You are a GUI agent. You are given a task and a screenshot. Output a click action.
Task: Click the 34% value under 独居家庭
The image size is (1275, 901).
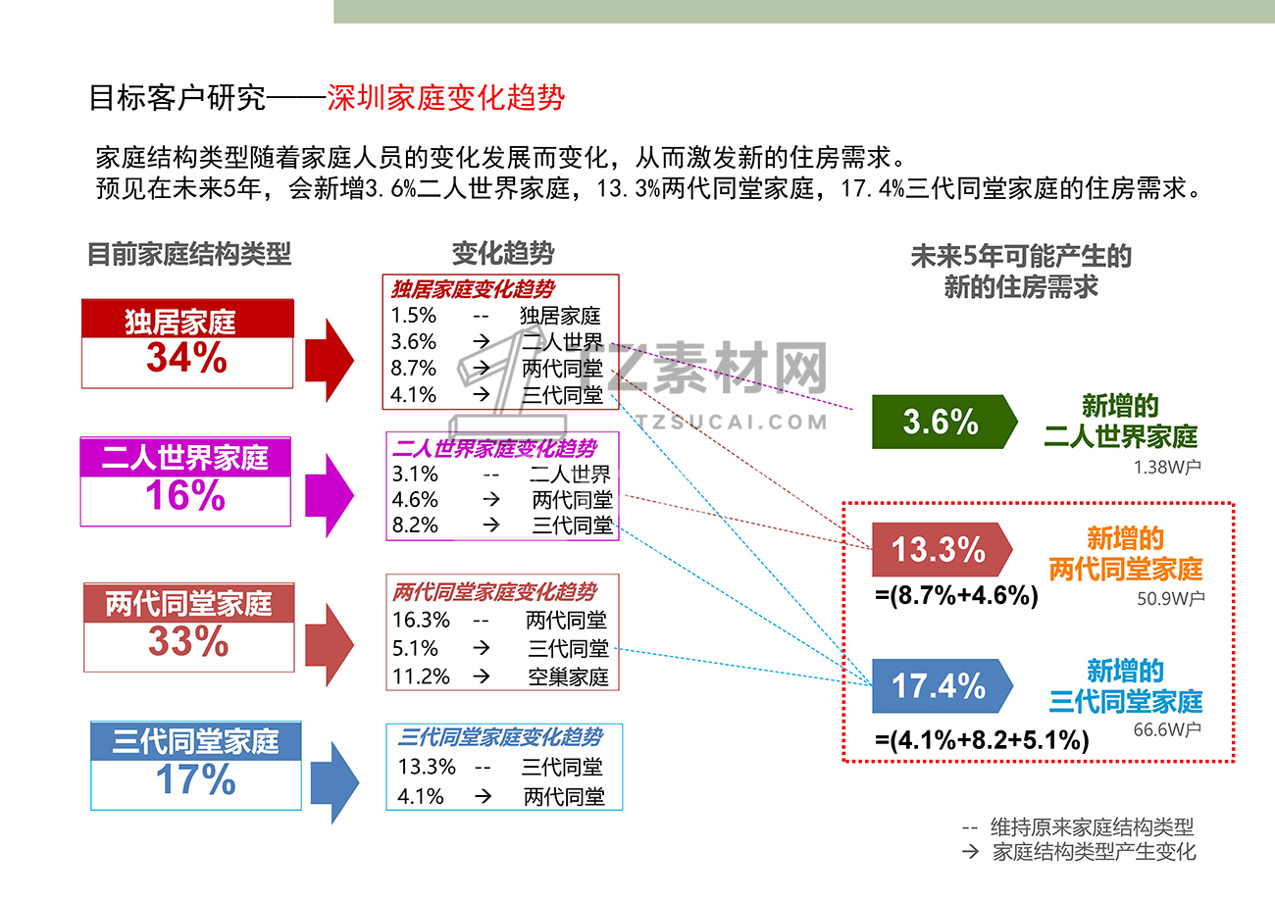(186, 358)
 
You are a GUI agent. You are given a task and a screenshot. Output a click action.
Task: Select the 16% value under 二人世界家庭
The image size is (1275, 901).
(185, 495)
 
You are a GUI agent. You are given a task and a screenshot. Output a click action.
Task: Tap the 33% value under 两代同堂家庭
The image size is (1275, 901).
(188, 641)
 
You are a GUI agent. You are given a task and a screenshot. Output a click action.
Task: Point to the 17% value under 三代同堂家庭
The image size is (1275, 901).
(196, 778)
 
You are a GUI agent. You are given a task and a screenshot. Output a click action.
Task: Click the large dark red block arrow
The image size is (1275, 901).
(330, 360)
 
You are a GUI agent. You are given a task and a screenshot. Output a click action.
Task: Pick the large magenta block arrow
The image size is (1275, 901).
(330, 495)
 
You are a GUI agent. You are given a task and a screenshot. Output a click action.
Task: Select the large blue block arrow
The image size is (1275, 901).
(334, 782)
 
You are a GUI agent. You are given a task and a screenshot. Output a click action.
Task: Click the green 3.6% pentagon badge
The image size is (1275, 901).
(944, 422)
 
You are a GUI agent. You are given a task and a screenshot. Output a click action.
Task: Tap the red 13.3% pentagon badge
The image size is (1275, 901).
(942, 549)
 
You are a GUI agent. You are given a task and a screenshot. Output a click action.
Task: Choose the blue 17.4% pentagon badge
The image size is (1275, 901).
(942, 685)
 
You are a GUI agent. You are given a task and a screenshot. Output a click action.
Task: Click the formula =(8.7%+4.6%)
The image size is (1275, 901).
(956, 595)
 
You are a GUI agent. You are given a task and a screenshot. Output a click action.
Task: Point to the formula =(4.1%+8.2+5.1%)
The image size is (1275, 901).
(982, 740)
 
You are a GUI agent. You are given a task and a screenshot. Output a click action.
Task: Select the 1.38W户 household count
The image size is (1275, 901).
(1167, 467)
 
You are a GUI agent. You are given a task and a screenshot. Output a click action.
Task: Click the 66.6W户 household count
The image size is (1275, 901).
(1167, 729)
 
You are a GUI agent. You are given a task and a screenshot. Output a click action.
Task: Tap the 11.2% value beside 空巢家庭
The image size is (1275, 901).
(421, 676)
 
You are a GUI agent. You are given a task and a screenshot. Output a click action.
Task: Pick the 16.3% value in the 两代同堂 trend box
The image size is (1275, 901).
(421, 620)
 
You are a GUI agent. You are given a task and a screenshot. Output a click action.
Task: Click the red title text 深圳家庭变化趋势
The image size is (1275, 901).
(445, 97)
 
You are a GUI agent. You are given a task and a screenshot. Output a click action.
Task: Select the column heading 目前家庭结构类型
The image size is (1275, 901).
(189, 254)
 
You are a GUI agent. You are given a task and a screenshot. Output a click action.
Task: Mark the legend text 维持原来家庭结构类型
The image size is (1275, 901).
(1093, 826)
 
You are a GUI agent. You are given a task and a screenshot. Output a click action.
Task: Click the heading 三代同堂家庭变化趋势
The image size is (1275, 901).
(500, 736)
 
